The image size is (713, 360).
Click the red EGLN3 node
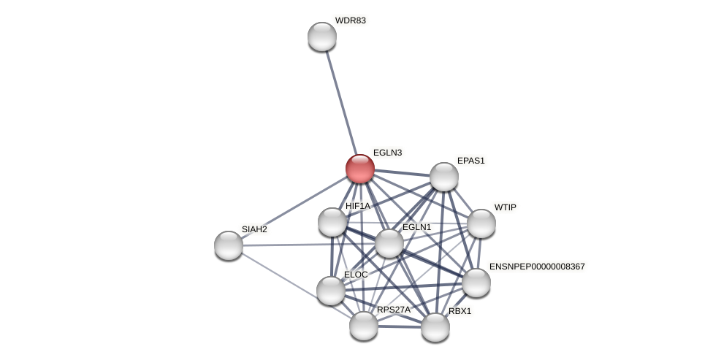(x=359, y=169)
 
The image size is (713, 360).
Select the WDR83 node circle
(x=322, y=37)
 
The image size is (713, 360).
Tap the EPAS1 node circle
(x=443, y=177)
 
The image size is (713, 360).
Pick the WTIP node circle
(x=481, y=223)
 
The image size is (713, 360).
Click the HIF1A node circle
(x=332, y=222)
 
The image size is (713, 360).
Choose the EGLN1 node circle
(x=389, y=243)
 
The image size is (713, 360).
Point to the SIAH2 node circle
(x=229, y=245)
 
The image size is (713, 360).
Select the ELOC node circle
(x=331, y=291)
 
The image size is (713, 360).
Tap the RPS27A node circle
(x=364, y=326)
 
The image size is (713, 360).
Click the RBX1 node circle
(x=435, y=327)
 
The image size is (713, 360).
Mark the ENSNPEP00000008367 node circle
(x=476, y=283)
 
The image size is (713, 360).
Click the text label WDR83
(x=350, y=20)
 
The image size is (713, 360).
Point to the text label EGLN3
(x=387, y=153)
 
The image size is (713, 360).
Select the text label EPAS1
(x=470, y=161)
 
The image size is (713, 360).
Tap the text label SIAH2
(x=254, y=229)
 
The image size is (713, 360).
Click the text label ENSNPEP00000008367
(x=537, y=267)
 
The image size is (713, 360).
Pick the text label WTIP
(x=505, y=207)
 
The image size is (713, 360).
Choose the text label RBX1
(x=460, y=311)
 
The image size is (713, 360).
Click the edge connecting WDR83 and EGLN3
(x=340, y=102)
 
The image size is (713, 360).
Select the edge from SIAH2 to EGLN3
(x=294, y=207)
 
